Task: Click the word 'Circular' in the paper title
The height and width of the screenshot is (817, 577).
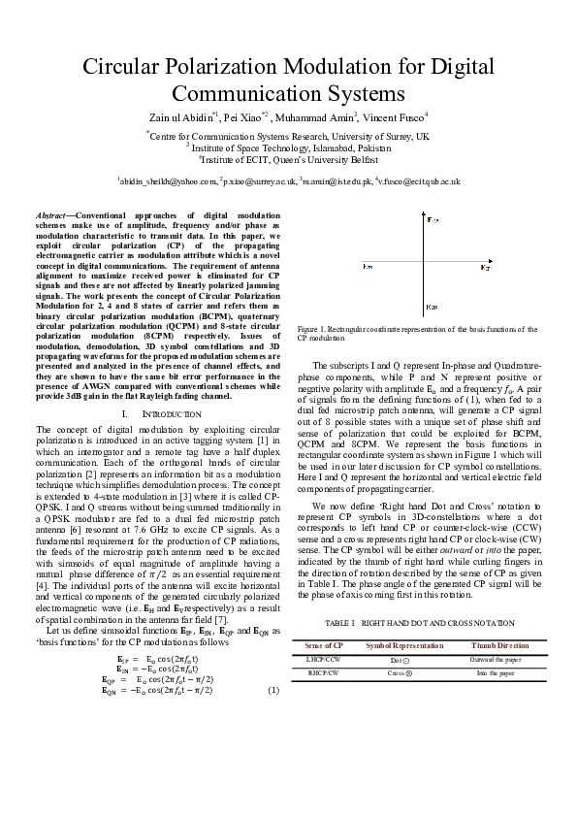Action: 123,68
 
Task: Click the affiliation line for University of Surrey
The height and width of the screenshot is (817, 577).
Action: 288,137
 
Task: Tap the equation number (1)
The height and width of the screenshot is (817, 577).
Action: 272,690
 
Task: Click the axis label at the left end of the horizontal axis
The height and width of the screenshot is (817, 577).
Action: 368,265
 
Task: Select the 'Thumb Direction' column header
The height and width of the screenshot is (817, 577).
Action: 499,644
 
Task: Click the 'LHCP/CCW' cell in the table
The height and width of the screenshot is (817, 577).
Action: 323,659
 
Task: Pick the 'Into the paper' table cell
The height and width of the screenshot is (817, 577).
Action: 499,671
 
